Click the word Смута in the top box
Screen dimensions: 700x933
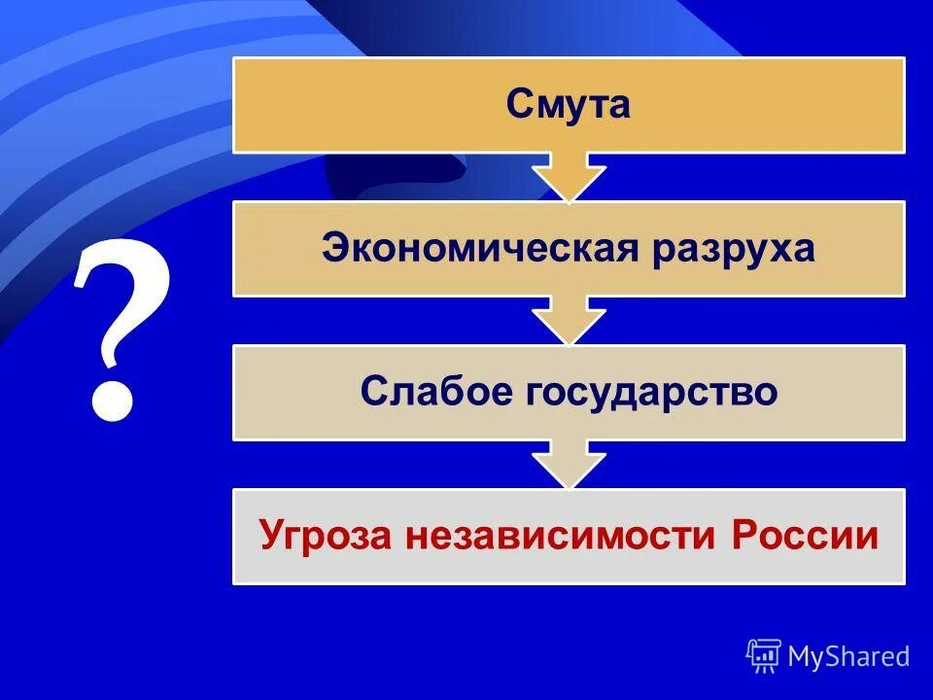point(569,105)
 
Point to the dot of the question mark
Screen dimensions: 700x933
point(112,400)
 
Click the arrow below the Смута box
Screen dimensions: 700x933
point(569,177)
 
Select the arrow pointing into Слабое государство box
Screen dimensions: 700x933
point(569,321)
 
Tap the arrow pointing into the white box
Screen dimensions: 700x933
point(569,465)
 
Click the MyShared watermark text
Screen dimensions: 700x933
point(848,656)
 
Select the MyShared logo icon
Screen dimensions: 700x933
point(764,656)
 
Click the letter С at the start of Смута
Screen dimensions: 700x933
point(518,105)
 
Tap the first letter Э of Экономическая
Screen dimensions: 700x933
point(333,248)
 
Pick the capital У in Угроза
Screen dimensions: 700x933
point(271,537)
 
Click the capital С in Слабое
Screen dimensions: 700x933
point(372,392)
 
